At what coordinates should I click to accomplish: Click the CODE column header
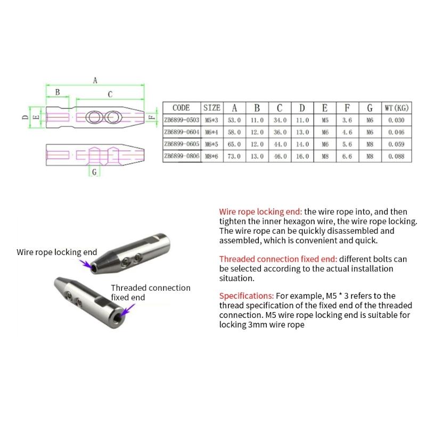pyautogui.click(x=181, y=108)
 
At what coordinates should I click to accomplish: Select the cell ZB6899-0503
pyautogui.click(x=182, y=120)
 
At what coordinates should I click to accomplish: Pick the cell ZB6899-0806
pyautogui.click(x=182, y=157)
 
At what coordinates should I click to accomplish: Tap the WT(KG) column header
pyautogui.click(x=396, y=108)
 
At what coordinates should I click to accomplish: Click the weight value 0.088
pyautogui.click(x=396, y=157)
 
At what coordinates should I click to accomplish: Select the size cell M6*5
pyautogui.click(x=212, y=144)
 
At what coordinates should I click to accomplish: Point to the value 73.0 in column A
pyautogui.click(x=234, y=157)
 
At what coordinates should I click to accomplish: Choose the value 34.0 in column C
pyautogui.click(x=280, y=120)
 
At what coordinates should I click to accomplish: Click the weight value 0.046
pyautogui.click(x=396, y=133)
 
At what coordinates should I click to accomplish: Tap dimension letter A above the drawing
pyautogui.click(x=95, y=80)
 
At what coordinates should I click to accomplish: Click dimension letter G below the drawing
pyautogui.click(x=94, y=173)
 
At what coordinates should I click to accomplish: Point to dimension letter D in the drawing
pyautogui.click(x=25, y=117)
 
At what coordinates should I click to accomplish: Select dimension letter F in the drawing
pyautogui.click(x=151, y=117)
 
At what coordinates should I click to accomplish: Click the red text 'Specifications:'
pyautogui.click(x=247, y=295)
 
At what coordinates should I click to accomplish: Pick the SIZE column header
pyautogui.click(x=212, y=108)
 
